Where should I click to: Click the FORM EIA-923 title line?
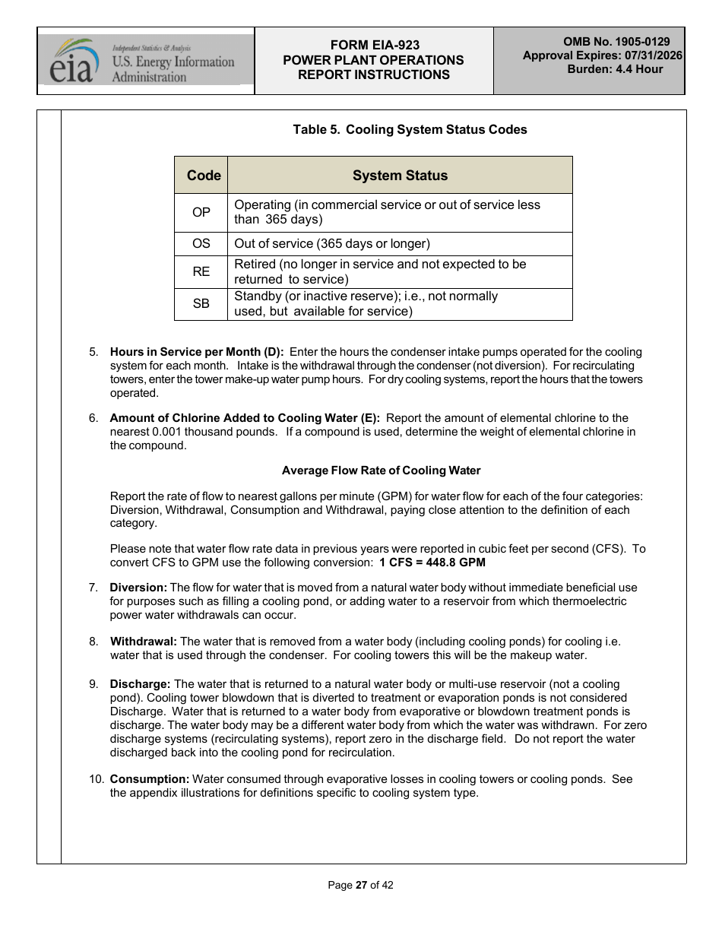(373, 46)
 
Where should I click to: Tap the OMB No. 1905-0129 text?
(616, 42)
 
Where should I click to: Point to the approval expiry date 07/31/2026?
(654, 55)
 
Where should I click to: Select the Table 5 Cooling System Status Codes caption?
(410, 130)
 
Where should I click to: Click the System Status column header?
(400, 176)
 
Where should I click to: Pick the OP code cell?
(201, 212)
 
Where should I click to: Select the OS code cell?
(201, 244)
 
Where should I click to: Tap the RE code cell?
(201, 271)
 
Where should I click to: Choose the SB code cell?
(201, 303)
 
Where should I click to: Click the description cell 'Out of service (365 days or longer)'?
(332, 244)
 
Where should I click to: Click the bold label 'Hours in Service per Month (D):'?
(197, 352)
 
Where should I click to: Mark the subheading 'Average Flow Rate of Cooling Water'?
(381, 471)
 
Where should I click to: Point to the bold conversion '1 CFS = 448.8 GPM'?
(432, 563)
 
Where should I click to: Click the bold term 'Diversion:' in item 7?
(138, 588)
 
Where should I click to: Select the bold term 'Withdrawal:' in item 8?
(144, 642)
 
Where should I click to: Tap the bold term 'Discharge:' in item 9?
(141, 684)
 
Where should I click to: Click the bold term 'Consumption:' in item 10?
(150, 779)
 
